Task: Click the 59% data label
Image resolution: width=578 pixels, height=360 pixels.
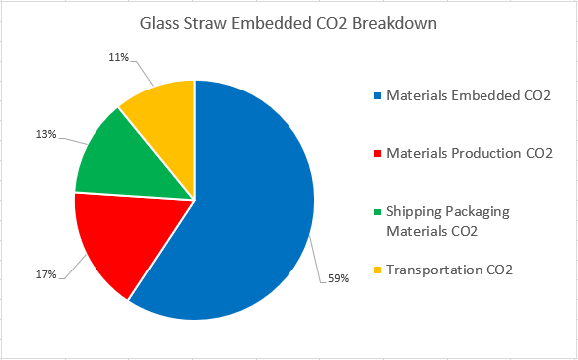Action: coord(338,278)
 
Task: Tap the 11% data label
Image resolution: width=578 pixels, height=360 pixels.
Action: coord(119,57)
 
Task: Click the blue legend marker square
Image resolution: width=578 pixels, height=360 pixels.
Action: coord(376,95)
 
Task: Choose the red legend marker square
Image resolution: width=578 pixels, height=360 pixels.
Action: coord(376,153)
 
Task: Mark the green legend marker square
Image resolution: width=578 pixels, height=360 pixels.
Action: coord(376,212)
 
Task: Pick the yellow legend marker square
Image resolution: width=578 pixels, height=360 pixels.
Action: coord(376,270)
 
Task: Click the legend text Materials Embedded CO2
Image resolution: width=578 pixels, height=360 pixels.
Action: coord(468,95)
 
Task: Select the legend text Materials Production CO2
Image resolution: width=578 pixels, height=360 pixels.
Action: coord(469,153)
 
